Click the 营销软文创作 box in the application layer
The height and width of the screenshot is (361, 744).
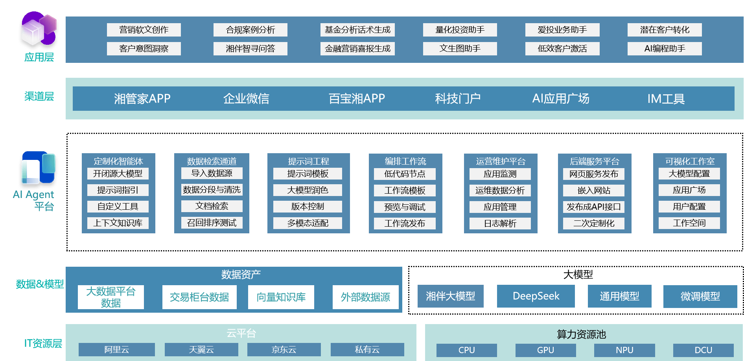point(144,30)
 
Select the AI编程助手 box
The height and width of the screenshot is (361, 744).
point(665,49)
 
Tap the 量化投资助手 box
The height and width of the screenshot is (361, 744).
point(460,30)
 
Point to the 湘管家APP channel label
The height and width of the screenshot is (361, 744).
point(142,99)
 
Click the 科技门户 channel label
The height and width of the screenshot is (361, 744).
point(458,99)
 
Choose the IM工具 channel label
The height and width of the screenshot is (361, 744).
point(666,99)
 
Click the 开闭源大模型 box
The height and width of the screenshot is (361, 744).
point(118,174)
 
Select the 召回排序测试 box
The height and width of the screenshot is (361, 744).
point(212,223)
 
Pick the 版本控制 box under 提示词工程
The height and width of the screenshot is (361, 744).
point(308,207)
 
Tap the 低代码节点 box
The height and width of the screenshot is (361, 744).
point(405,174)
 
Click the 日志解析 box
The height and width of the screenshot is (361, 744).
point(500,224)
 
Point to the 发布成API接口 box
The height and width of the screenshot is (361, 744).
point(594,207)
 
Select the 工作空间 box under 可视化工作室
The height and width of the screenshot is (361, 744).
point(689,223)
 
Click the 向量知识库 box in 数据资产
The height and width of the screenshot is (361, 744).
point(281,297)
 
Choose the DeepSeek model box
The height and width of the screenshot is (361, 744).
point(536,296)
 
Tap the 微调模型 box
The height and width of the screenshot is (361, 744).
point(700,297)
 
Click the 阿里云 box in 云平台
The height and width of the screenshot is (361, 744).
point(116,350)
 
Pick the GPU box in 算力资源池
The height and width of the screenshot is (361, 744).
point(545,350)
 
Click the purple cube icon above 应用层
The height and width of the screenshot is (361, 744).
point(39,29)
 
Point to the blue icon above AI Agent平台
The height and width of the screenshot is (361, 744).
point(38,168)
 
